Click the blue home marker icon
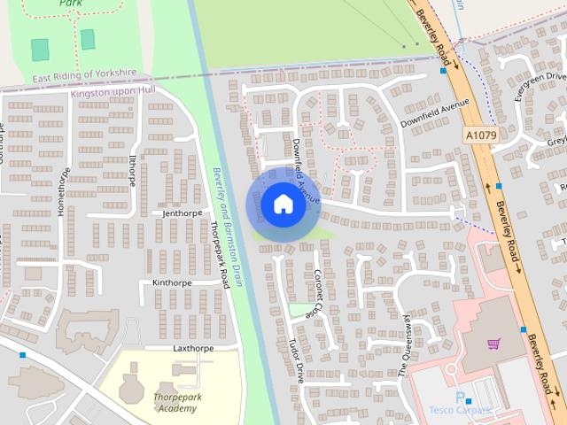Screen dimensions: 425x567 (282, 205)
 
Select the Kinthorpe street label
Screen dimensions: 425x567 (173, 282)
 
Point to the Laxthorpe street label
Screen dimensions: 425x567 (193, 349)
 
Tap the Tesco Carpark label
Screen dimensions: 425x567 (460, 409)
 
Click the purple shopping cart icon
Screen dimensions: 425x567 (493, 344)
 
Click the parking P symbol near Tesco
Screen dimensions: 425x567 (459, 398)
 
